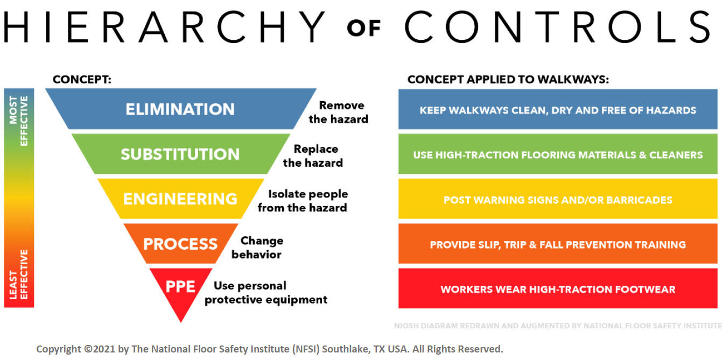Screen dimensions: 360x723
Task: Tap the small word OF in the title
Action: click(x=364, y=28)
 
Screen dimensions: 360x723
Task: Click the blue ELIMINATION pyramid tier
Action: click(x=180, y=109)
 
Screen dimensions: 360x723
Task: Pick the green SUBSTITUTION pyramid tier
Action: click(x=180, y=154)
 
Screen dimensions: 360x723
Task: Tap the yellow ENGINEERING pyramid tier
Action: click(x=180, y=199)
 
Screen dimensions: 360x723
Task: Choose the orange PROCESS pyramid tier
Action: click(x=180, y=243)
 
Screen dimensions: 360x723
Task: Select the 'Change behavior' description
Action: click(x=257, y=247)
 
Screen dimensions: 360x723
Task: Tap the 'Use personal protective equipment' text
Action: click(x=266, y=292)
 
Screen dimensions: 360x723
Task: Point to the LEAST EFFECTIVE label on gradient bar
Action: click(x=19, y=274)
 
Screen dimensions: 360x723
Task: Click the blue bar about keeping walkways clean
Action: click(x=558, y=110)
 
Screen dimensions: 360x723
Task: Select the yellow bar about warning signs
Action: click(x=558, y=200)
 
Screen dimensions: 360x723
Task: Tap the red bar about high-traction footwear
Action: click(x=558, y=289)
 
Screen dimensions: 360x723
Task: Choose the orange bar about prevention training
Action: click(x=558, y=244)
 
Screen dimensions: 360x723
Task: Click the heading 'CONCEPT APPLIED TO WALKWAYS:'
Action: click(x=508, y=80)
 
